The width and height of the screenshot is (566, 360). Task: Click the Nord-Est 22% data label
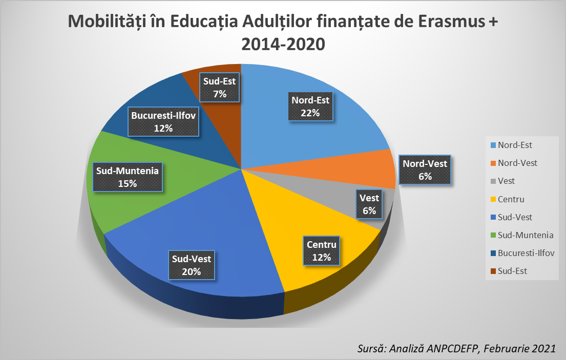[x=310, y=107]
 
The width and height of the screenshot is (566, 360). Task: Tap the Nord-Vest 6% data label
[x=425, y=170]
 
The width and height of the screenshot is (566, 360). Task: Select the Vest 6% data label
[x=369, y=204]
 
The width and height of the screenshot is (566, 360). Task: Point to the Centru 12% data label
[x=321, y=251]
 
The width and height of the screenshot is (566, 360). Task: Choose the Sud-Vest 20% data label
[x=191, y=265]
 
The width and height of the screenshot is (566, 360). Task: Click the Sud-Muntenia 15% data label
[x=127, y=177]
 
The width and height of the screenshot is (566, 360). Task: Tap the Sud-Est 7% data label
[x=220, y=88]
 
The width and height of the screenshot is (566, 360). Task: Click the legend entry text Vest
[x=506, y=181]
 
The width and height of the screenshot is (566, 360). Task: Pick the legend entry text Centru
[x=511, y=199]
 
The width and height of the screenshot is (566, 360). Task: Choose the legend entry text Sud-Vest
[x=515, y=217]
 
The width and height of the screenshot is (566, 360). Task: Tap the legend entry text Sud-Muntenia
[x=526, y=235]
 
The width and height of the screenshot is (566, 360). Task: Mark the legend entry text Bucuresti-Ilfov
[x=526, y=253]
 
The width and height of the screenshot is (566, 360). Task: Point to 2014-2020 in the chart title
[x=283, y=44]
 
